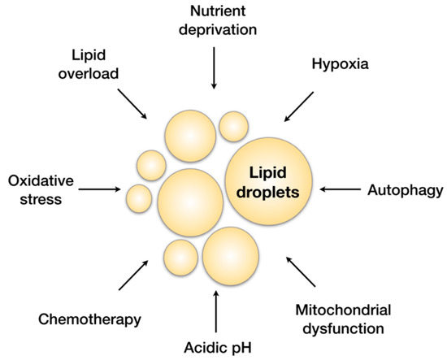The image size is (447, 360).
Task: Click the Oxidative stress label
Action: click(x=37, y=189)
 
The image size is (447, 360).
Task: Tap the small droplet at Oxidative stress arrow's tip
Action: click(x=139, y=197)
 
